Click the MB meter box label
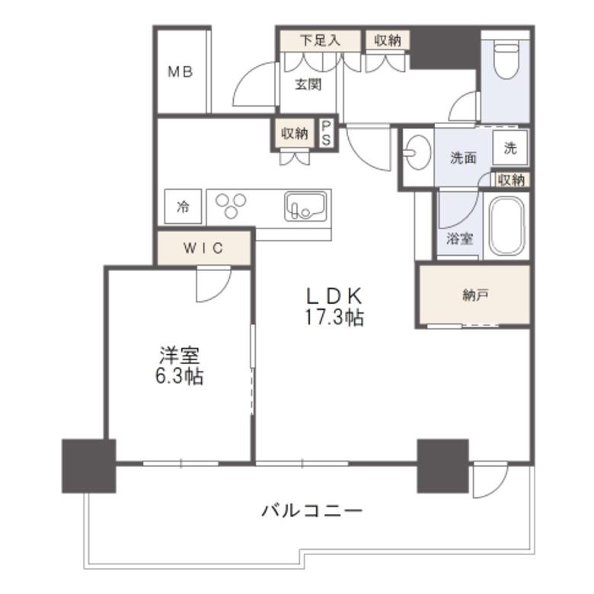click(x=180, y=72)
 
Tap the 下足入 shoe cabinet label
click(x=320, y=40)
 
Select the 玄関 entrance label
click(x=308, y=85)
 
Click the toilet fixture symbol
click(x=506, y=61)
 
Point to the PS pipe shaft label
click(x=326, y=133)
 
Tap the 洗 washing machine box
click(x=510, y=148)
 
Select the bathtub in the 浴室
click(x=506, y=226)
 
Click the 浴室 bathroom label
click(x=459, y=238)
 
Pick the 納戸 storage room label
click(x=475, y=295)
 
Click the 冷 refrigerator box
click(x=183, y=206)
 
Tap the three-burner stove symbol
click(x=231, y=206)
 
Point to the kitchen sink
click(x=305, y=206)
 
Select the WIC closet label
click(x=203, y=248)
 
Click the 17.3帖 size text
click(x=334, y=318)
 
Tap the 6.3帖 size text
click(x=180, y=376)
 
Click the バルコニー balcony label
click(x=311, y=511)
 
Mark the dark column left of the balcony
click(x=89, y=466)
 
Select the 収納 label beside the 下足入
click(x=388, y=40)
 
